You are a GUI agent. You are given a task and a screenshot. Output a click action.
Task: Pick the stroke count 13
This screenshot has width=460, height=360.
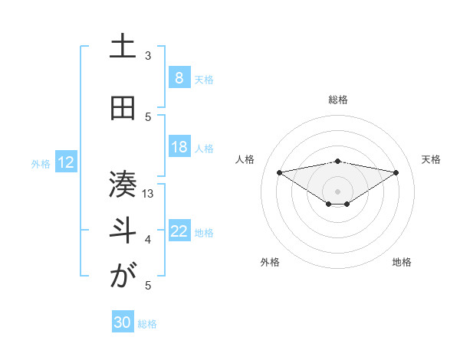(x=149, y=193)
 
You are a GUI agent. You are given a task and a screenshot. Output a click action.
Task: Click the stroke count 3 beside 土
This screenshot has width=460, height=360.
(x=148, y=56)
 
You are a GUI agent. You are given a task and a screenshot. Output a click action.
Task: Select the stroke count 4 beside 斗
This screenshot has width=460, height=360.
(x=148, y=240)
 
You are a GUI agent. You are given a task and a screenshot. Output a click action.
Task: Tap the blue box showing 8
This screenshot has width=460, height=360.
(x=179, y=78)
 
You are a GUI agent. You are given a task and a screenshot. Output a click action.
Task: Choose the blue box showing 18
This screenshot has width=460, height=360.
(x=179, y=147)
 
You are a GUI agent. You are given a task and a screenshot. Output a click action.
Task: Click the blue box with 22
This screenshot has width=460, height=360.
(x=179, y=231)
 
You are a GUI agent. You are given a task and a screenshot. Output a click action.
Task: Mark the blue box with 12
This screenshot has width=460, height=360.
(x=66, y=162)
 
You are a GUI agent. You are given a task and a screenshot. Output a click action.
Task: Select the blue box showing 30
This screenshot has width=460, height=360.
(x=123, y=322)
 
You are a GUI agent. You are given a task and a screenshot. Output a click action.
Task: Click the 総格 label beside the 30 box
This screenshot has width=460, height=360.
(x=147, y=324)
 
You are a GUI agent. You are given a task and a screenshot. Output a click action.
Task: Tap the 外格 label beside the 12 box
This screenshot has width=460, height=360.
(x=41, y=163)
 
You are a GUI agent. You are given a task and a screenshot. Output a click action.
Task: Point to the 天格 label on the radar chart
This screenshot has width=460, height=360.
(x=432, y=159)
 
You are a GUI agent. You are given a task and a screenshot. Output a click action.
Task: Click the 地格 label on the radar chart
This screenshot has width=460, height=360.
(x=402, y=262)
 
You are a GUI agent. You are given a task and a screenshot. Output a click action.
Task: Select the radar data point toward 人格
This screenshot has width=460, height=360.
(x=279, y=172)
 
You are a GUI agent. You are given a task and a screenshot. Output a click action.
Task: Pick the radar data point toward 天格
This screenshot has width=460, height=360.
(x=396, y=172)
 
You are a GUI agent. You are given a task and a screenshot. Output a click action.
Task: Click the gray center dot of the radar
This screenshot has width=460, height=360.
(x=337, y=191)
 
